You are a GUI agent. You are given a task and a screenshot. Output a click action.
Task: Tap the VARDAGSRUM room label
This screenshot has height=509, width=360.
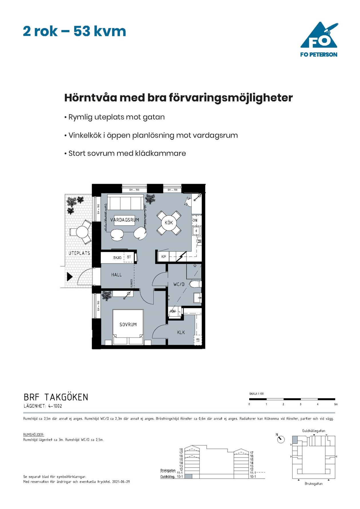[x=125, y=220]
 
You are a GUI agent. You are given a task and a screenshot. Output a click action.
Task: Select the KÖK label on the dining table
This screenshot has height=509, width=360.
[x=169, y=222]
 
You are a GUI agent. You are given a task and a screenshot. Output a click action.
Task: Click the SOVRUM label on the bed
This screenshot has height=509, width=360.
[x=128, y=325]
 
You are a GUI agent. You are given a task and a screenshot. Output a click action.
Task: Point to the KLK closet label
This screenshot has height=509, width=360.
[x=181, y=332]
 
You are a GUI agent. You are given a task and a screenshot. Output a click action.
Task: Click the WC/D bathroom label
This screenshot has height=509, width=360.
[x=179, y=284]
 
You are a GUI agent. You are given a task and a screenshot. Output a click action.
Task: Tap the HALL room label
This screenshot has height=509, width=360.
[x=116, y=275]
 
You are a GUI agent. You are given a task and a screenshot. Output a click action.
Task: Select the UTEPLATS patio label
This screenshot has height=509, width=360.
[x=79, y=253]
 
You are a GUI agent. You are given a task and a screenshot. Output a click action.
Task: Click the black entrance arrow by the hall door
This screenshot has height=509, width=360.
[x=69, y=277]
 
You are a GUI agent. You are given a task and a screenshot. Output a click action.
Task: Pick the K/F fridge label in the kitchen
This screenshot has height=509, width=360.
[x=164, y=257]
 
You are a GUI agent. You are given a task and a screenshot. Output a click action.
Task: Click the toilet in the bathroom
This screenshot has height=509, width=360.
[x=196, y=284]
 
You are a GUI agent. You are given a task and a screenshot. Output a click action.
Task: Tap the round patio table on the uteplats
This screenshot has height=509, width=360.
[x=82, y=232]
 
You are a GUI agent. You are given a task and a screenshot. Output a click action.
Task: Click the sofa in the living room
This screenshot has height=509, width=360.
[x=125, y=203]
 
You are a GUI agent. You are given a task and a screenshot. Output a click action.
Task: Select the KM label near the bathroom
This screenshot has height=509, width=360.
[x=173, y=311]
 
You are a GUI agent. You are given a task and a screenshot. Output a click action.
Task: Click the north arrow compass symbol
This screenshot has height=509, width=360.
[x=281, y=439]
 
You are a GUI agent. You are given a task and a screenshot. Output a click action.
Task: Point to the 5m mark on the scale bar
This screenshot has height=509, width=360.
[x=336, y=404]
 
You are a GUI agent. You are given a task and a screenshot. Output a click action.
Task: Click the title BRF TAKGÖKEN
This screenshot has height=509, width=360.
[x=56, y=397]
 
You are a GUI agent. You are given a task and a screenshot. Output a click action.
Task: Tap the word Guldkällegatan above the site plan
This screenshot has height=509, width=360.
[x=313, y=431]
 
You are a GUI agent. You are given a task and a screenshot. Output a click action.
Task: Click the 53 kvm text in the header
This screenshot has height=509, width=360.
[x=100, y=31]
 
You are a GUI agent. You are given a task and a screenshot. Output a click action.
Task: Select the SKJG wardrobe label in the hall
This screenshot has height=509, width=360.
[x=117, y=258]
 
